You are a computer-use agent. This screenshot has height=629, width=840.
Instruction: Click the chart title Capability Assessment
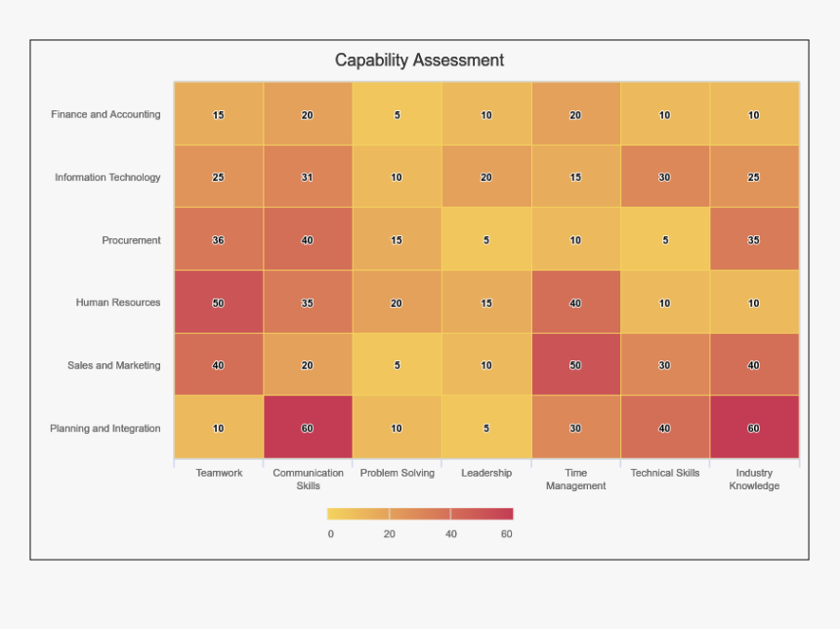point(419,61)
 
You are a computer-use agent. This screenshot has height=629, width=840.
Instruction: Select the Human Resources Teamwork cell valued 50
point(219,303)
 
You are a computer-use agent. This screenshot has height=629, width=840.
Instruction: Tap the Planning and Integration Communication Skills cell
point(308,428)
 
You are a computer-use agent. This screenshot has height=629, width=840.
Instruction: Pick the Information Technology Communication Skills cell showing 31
point(308,178)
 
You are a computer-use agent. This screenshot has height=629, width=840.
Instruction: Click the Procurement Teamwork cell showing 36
point(219,240)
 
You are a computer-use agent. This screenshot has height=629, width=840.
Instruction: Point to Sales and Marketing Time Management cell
point(575,365)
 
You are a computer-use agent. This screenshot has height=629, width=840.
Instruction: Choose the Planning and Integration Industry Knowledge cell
point(754,428)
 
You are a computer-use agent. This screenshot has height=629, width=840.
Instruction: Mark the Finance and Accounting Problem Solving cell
point(397,114)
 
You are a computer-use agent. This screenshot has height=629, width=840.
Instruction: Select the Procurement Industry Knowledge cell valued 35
point(754,240)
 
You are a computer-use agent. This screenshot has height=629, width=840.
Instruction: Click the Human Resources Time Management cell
point(575,303)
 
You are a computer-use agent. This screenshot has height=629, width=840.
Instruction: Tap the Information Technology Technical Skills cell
point(664,178)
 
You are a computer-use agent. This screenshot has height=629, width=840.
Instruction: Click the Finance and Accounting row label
point(105,114)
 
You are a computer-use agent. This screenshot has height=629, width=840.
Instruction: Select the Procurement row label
point(131,240)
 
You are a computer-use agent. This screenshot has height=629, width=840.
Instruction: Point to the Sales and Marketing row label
point(113,365)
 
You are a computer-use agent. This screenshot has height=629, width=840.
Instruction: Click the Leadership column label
point(486,473)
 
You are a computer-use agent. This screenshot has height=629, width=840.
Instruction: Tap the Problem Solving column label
point(397,473)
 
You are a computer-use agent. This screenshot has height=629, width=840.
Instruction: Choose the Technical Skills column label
point(664,473)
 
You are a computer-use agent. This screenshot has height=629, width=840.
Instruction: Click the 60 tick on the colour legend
point(506,534)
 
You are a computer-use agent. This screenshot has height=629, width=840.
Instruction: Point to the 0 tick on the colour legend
point(330,534)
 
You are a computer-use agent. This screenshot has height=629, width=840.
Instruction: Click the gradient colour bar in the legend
point(420,514)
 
